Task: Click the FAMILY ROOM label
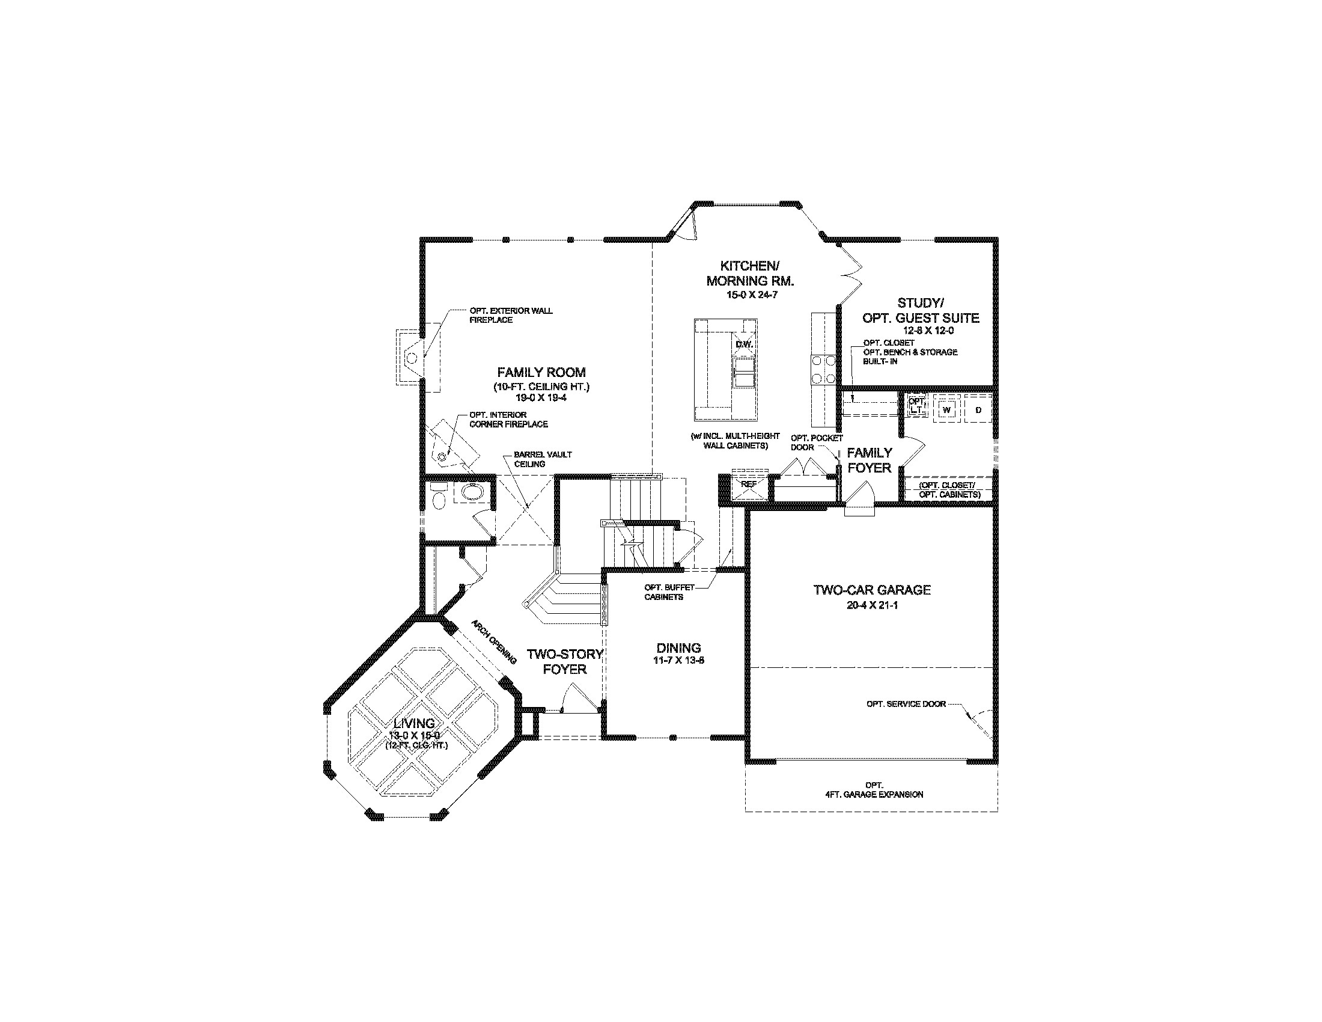click(x=541, y=372)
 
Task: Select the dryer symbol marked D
click(x=978, y=410)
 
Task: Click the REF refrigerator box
click(x=748, y=485)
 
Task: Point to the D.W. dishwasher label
click(x=743, y=344)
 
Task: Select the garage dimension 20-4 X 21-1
click(x=872, y=605)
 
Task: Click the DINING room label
click(x=678, y=648)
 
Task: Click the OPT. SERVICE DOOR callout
click(x=906, y=704)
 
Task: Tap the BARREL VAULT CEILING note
click(x=543, y=459)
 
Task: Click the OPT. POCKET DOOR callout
click(x=816, y=442)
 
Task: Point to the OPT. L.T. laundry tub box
click(x=917, y=406)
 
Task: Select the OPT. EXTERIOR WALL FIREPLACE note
click(x=510, y=315)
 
